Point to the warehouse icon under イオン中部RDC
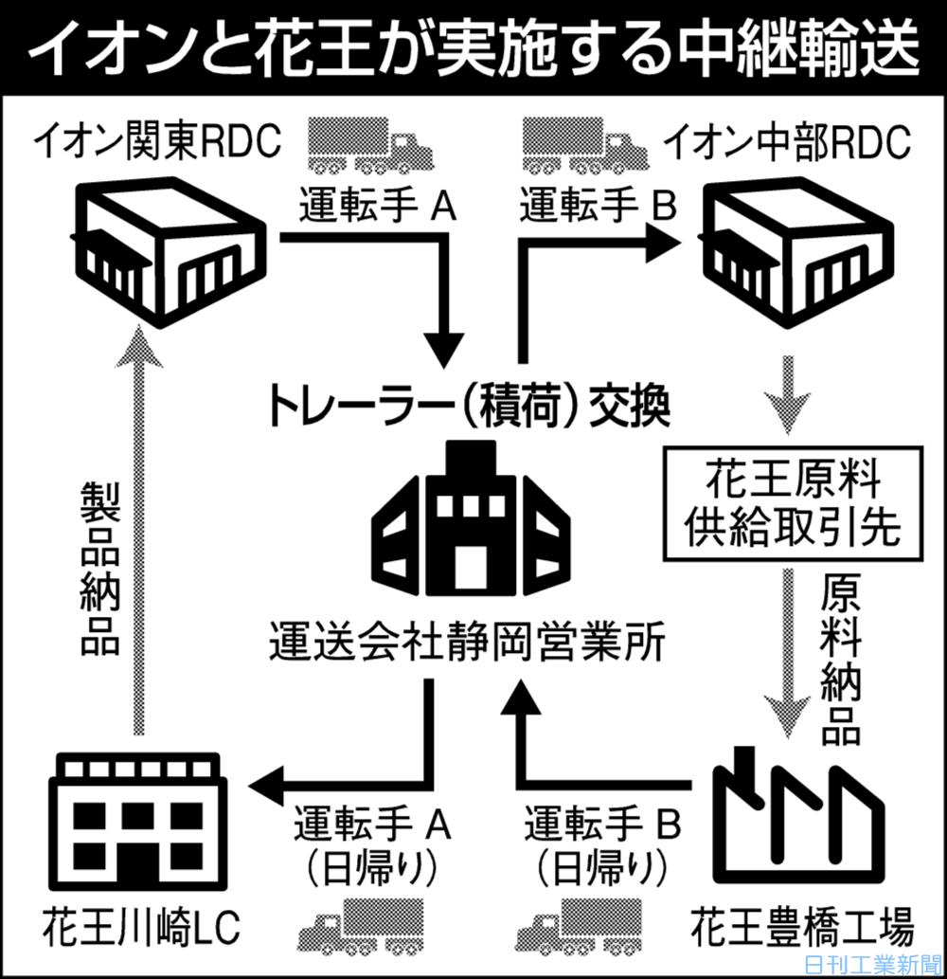pyautogui.click(x=795, y=248)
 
